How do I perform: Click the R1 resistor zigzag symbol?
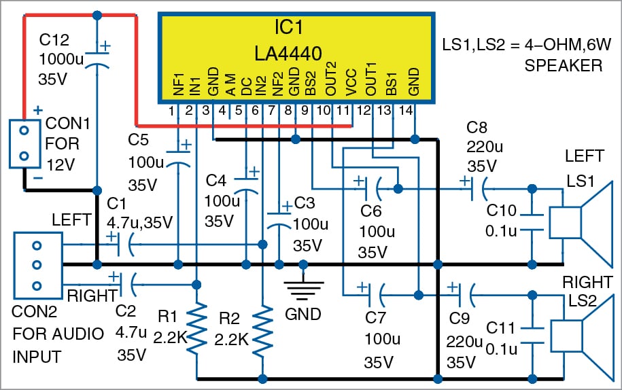(x=196, y=329)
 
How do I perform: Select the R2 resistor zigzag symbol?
(x=262, y=329)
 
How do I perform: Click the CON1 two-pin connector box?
(x=24, y=143)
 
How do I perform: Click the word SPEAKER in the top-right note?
(x=563, y=66)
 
